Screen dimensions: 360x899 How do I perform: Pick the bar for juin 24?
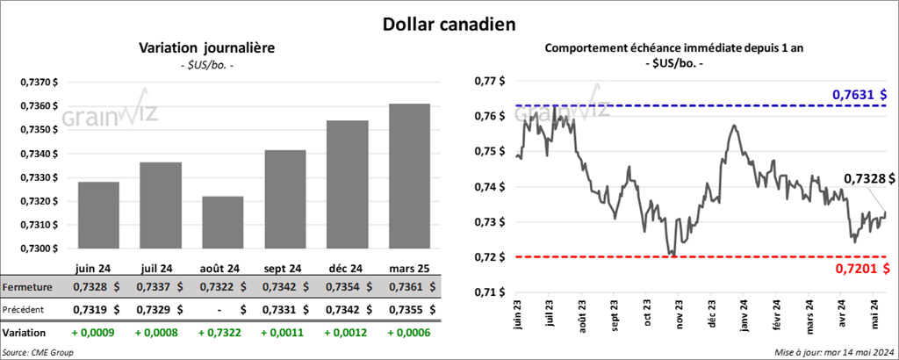click(98, 215)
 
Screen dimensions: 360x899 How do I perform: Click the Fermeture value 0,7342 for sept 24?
click(278, 287)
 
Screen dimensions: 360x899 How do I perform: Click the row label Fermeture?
click(27, 287)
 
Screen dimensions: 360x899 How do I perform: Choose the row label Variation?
click(25, 334)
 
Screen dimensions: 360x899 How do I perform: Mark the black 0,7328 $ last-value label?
click(864, 179)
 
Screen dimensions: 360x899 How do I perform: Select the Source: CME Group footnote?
click(38, 352)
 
